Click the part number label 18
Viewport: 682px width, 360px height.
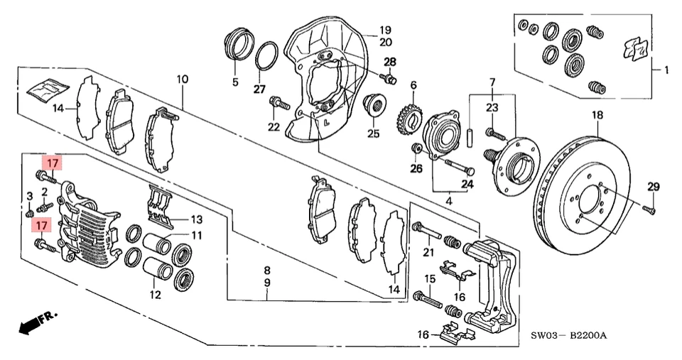point(597,115)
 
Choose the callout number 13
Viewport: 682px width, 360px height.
point(196,218)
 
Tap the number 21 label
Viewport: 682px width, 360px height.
point(428,252)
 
